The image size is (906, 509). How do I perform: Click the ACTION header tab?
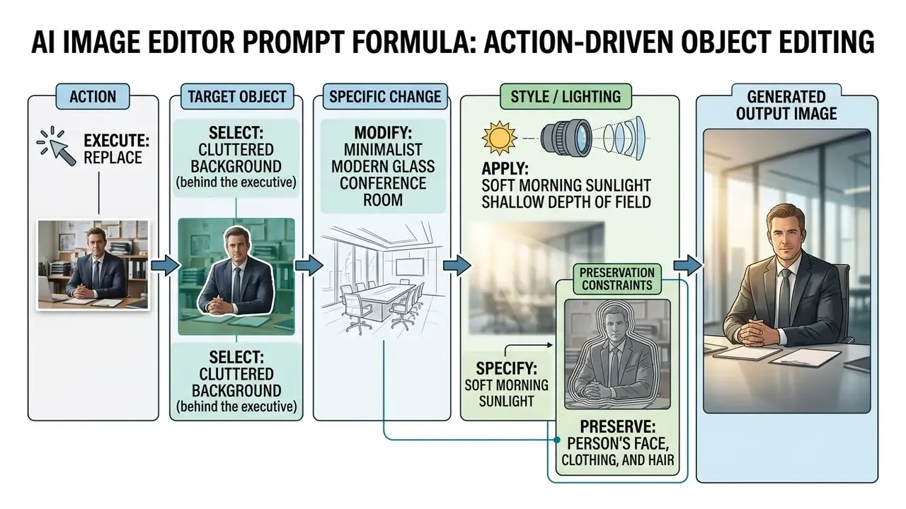pyautogui.click(x=93, y=97)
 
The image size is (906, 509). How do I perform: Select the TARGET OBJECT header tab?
pyautogui.click(x=237, y=97)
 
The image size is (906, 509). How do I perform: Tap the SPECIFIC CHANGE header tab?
pyautogui.click(x=385, y=97)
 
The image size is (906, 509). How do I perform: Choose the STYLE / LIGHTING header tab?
pyautogui.click(x=566, y=97)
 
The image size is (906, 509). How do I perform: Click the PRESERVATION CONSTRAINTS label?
pyautogui.click(x=617, y=279)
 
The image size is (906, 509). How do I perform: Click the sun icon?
pyautogui.click(x=500, y=138)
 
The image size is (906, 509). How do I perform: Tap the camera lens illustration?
pyautogui.click(x=593, y=138)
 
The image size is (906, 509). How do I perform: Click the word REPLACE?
pyautogui.click(x=113, y=158)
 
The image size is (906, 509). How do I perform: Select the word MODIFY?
pyautogui.click(x=382, y=133)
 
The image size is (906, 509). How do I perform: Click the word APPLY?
pyautogui.click(x=505, y=168)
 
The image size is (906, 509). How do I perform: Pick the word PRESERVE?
pyautogui.click(x=618, y=426)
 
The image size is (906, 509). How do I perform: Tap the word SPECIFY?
pyautogui.click(x=506, y=368)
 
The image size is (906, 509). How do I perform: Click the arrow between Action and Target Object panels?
pyautogui.click(x=165, y=265)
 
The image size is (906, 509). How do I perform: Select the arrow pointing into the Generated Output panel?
pyautogui.click(x=687, y=265)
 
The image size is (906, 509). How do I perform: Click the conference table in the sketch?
pyautogui.click(x=378, y=301)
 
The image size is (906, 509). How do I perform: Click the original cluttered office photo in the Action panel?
pyautogui.click(x=93, y=265)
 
